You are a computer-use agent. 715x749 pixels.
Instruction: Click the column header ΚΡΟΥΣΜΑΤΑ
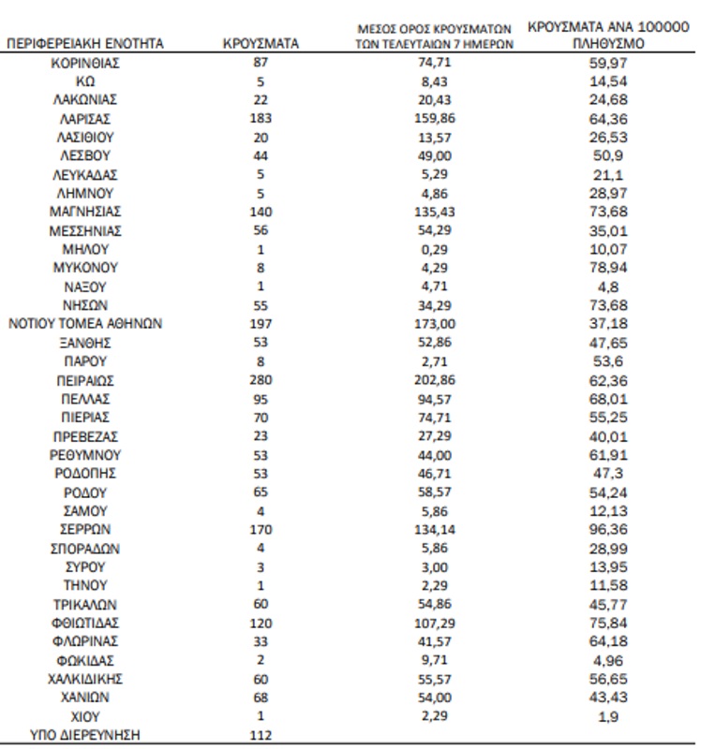[261, 44]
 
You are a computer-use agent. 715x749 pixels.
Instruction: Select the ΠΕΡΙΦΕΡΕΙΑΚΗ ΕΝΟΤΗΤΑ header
[85, 44]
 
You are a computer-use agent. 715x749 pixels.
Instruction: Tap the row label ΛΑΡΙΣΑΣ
[85, 118]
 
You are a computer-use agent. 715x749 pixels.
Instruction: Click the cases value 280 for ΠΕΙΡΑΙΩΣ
[261, 380]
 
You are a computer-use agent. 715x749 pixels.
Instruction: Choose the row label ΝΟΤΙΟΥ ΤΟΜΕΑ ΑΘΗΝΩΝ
[85, 324]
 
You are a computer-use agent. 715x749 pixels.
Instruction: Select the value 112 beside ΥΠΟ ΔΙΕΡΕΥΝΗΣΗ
[261, 736]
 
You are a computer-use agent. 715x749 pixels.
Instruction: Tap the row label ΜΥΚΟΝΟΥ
[85, 268]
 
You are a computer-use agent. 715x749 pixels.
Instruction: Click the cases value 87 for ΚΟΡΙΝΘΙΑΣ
[261, 63]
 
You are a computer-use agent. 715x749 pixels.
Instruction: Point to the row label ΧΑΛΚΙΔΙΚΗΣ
[85, 680]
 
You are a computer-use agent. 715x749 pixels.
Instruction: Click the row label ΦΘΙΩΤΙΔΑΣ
[85, 624]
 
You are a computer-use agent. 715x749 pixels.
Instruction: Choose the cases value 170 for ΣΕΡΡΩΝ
[261, 530]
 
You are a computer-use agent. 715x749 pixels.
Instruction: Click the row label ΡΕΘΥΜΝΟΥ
[85, 455]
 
